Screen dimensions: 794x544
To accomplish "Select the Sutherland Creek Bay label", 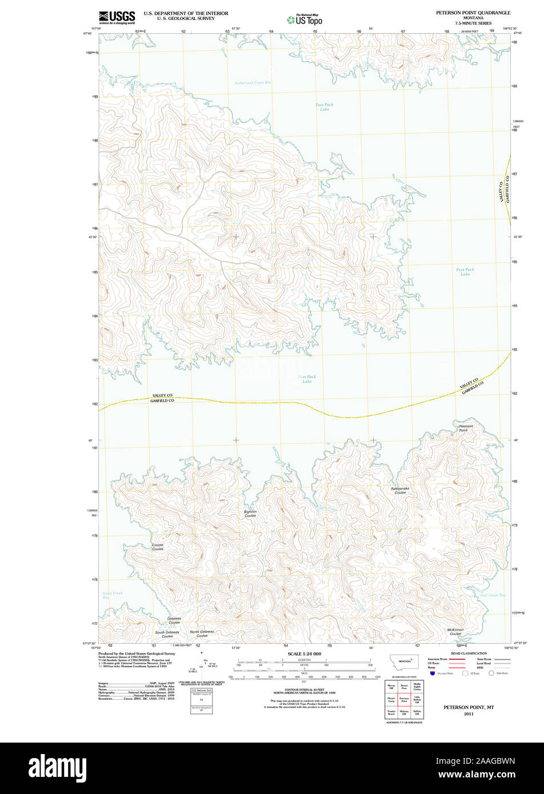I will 253,83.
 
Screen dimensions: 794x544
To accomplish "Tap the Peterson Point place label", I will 466,428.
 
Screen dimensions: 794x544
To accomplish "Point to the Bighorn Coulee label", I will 250,514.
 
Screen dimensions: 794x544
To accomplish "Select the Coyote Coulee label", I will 158,547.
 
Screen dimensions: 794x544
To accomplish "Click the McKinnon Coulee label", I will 455,632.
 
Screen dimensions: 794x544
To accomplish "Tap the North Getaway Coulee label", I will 202,633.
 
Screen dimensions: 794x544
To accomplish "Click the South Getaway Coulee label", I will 167,634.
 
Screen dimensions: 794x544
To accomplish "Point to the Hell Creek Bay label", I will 492,595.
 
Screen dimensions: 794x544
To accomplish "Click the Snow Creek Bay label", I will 112,595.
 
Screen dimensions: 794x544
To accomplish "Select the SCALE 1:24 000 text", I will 305,653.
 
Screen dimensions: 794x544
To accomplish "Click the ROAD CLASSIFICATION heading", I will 469,653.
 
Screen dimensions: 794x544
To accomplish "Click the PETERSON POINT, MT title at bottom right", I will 469,707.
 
